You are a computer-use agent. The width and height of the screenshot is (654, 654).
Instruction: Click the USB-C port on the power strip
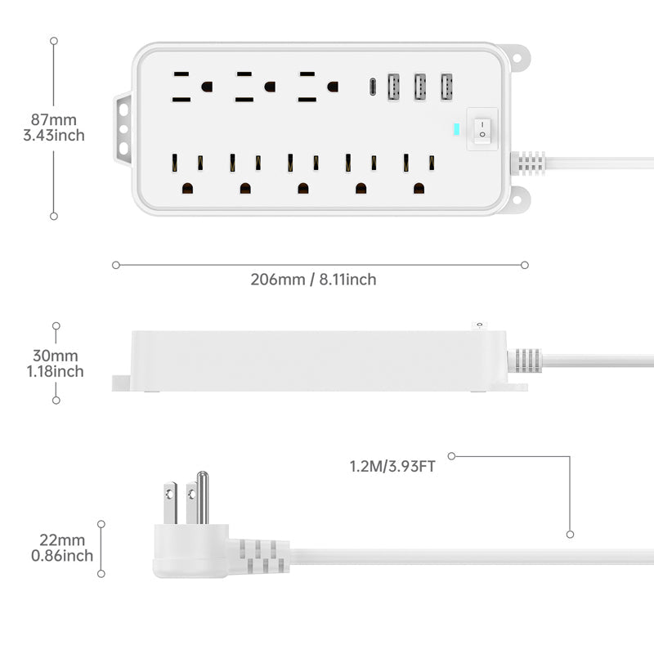(x=372, y=86)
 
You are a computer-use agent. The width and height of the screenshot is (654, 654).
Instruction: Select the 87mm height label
(x=55, y=120)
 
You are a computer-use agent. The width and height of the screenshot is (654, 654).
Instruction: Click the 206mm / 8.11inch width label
(x=313, y=280)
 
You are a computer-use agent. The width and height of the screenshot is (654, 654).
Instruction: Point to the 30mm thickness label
(x=56, y=356)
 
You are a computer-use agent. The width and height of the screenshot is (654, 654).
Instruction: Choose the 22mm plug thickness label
(x=62, y=540)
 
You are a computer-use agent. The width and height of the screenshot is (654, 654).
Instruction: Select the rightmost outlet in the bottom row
(x=418, y=172)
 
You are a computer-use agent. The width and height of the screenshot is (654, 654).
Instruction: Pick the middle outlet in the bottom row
(x=302, y=172)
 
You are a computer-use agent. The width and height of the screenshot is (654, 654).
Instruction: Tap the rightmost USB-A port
(x=446, y=87)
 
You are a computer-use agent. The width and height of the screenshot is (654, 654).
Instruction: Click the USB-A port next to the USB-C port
(x=393, y=87)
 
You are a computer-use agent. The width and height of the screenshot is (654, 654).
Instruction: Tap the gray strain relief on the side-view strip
(x=524, y=361)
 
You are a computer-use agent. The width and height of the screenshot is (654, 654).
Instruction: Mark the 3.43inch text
(x=54, y=136)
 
